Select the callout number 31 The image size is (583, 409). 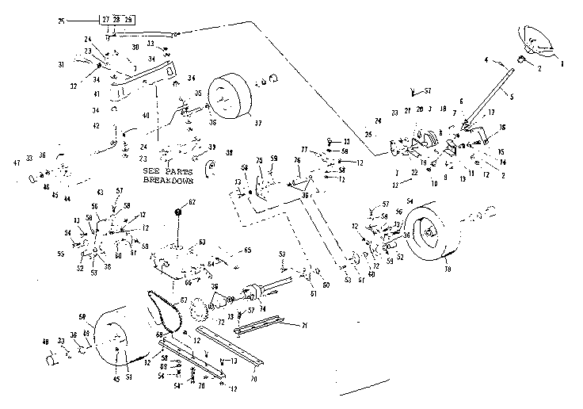tap(61, 64)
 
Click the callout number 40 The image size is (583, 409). tap(146, 117)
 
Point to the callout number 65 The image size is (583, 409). tap(248, 250)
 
